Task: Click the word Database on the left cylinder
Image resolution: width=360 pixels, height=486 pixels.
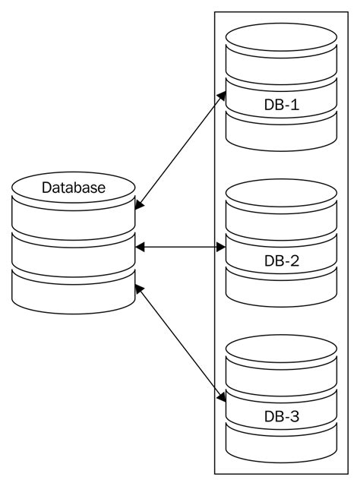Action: [74, 188]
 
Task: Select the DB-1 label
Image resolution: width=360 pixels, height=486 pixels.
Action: [281, 105]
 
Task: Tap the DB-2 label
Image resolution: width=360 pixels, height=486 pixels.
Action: [281, 261]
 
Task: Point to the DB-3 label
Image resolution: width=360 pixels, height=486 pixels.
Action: [281, 417]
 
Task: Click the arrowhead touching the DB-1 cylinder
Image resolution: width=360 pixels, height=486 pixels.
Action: [223, 96]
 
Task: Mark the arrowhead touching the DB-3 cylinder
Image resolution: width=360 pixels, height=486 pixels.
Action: [223, 397]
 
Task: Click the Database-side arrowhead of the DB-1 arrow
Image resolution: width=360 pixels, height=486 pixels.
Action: [139, 205]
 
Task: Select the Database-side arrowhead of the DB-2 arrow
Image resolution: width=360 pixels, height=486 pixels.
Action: [140, 247]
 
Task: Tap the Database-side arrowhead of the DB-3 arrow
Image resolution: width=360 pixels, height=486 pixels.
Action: [139, 288]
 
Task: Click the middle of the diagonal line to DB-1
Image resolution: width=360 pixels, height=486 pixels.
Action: [181, 150]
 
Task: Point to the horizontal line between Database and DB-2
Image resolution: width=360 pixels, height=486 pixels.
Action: [181, 247]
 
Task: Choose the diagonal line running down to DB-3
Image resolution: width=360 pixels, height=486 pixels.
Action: [181, 342]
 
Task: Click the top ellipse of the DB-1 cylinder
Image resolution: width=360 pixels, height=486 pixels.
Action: [281, 38]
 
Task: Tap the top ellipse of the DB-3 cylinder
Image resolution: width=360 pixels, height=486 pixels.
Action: [281, 350]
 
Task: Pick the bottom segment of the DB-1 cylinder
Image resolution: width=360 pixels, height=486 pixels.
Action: [281, 134]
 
